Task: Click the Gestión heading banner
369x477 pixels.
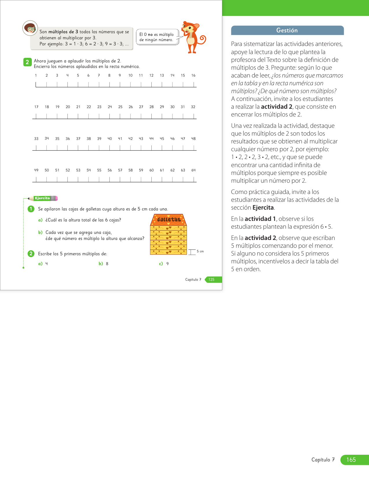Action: (287, 30)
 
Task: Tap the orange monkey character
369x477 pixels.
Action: (191, 37)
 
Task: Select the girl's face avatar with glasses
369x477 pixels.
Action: (30, 28)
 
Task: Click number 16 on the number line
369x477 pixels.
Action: (193, 75)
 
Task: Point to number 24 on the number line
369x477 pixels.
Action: (110, 107)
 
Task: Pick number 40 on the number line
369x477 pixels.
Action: (110, 139)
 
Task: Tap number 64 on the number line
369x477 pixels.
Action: (193, 170)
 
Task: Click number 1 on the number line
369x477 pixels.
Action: (36, 75)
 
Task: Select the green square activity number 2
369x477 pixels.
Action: (27, 62)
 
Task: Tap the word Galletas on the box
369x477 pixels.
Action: (169, 219)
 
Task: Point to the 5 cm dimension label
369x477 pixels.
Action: (200, 252)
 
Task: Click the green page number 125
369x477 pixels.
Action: (212, 280)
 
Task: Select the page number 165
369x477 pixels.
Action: (351, 460)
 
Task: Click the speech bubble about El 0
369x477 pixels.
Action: (157, 37)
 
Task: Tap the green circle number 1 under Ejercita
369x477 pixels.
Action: (31, 209)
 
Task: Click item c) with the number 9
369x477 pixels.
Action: (164, 264)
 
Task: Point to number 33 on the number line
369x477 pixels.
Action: (36, 139)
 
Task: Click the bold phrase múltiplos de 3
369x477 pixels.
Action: (63, 32)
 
